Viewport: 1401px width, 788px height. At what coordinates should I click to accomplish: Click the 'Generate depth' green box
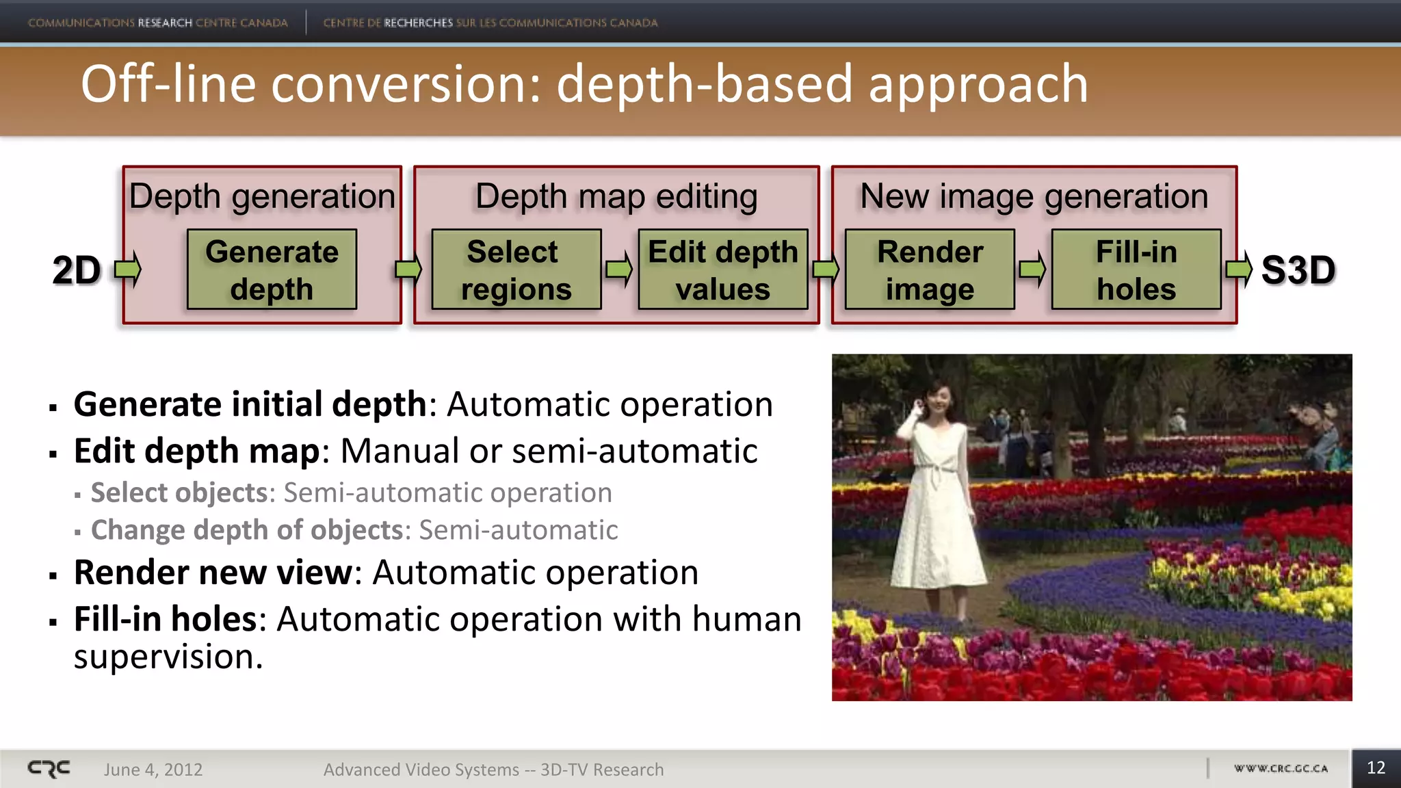pos(272,270)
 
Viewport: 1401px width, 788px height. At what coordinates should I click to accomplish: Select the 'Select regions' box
pos(516,270)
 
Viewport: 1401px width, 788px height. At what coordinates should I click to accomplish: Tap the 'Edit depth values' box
pos(723,270)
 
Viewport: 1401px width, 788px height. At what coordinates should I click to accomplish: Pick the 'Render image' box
pos(930,270)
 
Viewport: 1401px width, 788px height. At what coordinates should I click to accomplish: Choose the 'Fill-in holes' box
pos(1136,270)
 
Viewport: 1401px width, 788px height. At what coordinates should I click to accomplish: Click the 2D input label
pos(76,270)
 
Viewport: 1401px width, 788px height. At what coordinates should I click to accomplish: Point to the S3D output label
pos(1298,270)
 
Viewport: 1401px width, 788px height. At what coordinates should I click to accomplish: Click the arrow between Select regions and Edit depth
pos(619,269)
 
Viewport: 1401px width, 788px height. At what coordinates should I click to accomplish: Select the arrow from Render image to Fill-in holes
pos(1032,269)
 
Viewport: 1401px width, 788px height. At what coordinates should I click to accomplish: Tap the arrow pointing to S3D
pos(1239,269)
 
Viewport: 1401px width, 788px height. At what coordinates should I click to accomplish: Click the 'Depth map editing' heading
pos(616,197)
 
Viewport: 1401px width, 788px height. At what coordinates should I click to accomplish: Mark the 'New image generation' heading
pos(1034,197)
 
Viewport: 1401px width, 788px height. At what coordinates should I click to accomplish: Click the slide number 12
pos(1376,768)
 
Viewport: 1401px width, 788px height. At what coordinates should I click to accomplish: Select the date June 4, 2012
pos(153,770)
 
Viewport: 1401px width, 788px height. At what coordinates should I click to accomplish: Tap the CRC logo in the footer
pos(49,769)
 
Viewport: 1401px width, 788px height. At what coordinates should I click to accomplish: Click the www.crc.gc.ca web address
pos(1281,769)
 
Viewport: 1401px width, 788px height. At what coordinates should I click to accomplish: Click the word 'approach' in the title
pos(978,84)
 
